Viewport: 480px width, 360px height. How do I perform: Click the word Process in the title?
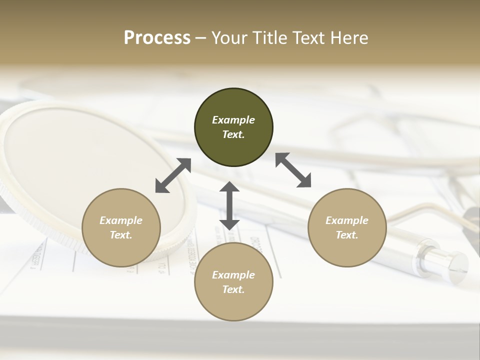click(x=157, y=38)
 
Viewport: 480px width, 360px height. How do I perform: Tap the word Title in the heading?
click(x=270, y=38)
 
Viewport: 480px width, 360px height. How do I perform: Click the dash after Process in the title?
click(x=200, y=38)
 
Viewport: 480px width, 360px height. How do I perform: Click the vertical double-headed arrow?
click(x=229, y=205)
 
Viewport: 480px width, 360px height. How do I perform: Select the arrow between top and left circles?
click(x=173, y=175)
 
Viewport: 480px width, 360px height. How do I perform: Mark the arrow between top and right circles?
click(x=293, y=170)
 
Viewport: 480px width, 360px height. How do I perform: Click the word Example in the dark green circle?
click(x=233, y=120)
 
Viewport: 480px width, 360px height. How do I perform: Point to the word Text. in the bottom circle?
click(x=233, y=289)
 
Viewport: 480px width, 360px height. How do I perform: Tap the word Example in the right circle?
click(x=347, y=220)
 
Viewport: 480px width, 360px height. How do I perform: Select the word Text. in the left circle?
click(x=121, y=235)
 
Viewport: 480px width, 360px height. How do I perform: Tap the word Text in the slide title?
click(x=309, y=38)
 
